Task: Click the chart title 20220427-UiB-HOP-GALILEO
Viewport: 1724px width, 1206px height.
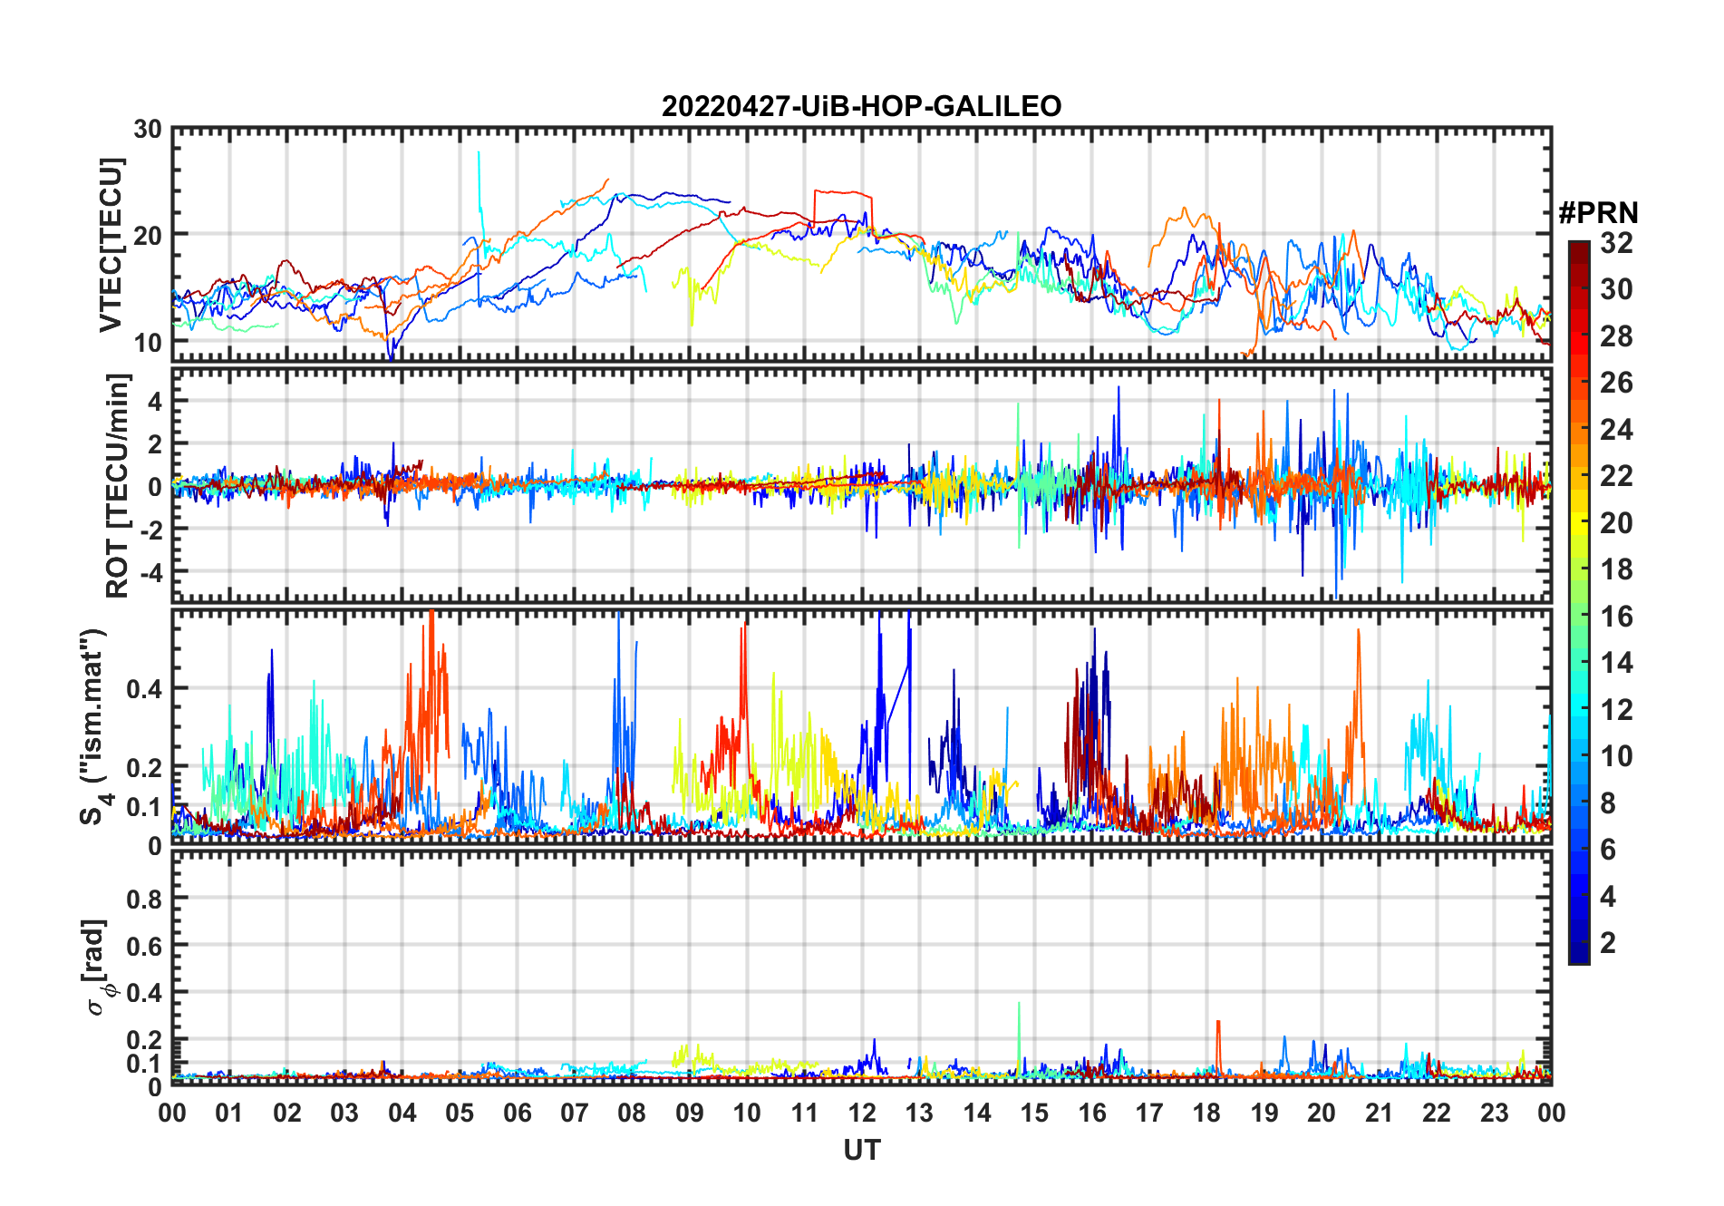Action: tap(861, 107)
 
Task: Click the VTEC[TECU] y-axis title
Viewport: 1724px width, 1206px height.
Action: tap(111, 246)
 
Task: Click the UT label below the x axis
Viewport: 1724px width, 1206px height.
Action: tap(861, 1150)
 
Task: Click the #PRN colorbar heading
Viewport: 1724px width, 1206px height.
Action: tap(1598, 213)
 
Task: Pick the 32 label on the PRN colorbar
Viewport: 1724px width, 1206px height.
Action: tap(1616, 243)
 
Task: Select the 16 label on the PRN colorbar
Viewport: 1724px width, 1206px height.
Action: tap(1616, 617)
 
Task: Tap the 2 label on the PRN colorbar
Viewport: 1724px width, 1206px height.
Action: tap(1608, 943)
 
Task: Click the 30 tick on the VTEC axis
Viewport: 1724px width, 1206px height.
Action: tap(148, 130)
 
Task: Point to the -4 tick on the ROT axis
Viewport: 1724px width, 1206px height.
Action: tap(149, 572)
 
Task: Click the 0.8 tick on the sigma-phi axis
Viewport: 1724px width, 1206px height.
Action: tap(144, 899)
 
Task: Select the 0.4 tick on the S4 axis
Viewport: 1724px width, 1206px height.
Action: tap(144, 688)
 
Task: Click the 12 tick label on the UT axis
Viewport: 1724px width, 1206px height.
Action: tap(861, 1113)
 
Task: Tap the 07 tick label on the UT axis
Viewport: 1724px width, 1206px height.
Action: tap(575, 1113)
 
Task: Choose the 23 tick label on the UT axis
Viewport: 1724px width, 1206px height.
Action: tap(1494, 1113)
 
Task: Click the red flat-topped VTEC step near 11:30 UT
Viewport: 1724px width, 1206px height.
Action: tap(843, 192)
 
